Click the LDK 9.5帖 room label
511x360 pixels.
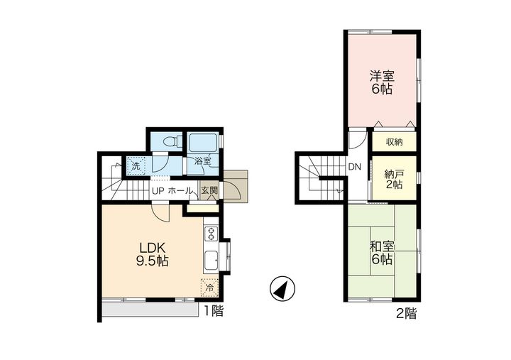pyautogui.click(x=152, y=254)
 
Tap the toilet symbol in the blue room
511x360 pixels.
pyautogui.click(x=172, y=141)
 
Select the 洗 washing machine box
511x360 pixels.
pyautogui.click(x=136, y=166)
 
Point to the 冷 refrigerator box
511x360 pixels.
pyautogui.click(x=209, y=288)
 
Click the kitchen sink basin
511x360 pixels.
pyautogui.click(x=211, y=261)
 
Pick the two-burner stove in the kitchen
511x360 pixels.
pyautogui.click(x=211, y=234)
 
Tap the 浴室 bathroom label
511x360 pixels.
pyautogui.click(x=202, y=160)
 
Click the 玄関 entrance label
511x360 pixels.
pyautogui.click(x=209, y=190)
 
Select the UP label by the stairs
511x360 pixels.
pyautogui.click(x=158, y=191)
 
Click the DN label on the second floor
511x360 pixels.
pyautogui.click(x=355, y=167)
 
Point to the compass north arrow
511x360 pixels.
pyautogui.click(x=282, y=288)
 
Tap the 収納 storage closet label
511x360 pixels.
pyautogui.click(x=395, y=142)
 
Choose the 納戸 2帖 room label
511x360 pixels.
pyautogui.click(x=394, y=179)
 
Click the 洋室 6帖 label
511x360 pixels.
pyautogui.click(x=382, y=82)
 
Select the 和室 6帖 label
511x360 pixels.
pyautogui.click(x=382, y=253)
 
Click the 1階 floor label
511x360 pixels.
pyautogui.click(x=214, y=311)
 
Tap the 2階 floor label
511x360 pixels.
pyautogui.click(x=406, y=314)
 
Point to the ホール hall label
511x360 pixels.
pyautogui.click(x=180, y=191)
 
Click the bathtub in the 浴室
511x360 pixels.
pyautogui.click(x=204, y=143)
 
